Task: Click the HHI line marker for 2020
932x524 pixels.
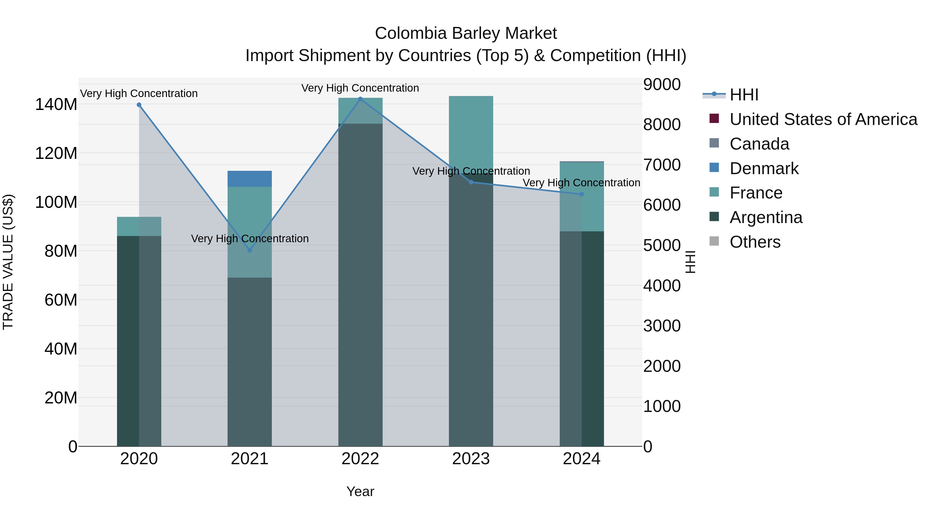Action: point(139,105)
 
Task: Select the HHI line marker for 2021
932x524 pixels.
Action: point(250,250)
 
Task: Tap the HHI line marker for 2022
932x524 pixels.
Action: point(360,99)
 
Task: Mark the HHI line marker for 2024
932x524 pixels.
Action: point(582,194)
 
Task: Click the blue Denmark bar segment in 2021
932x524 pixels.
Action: point(250,179)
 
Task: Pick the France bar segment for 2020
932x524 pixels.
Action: point(139,226)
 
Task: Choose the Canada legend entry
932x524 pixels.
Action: point(759,144)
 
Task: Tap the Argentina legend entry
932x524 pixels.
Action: point(766,217)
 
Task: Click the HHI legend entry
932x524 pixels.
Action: point(744,95)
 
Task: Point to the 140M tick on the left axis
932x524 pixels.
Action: point(56,105)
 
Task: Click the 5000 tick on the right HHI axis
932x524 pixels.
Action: point(662,245)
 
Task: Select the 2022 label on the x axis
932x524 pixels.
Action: point(360,459)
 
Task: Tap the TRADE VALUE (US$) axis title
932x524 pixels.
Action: point(8,262)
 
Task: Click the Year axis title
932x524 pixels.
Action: point(360,491)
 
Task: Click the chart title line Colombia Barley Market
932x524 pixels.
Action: point(466,33)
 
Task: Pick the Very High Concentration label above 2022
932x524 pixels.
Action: point(360,88)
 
